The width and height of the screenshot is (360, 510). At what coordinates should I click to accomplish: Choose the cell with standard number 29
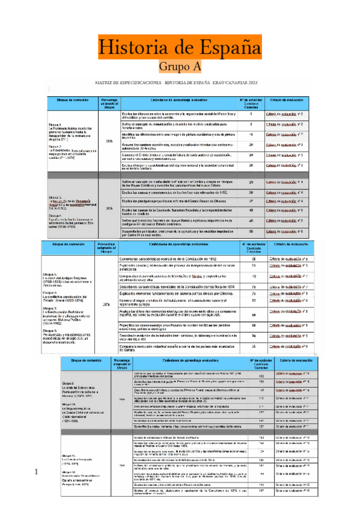click(x=251, y=182)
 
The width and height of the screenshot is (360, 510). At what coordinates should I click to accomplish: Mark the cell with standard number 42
click(x=251, y=210)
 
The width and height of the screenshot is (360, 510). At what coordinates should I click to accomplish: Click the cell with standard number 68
click(x=254, y=258)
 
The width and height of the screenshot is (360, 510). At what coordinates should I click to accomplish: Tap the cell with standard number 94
click(x=254, y=334)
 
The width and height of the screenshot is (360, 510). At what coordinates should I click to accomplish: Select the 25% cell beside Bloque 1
click(x=109, y=141)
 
